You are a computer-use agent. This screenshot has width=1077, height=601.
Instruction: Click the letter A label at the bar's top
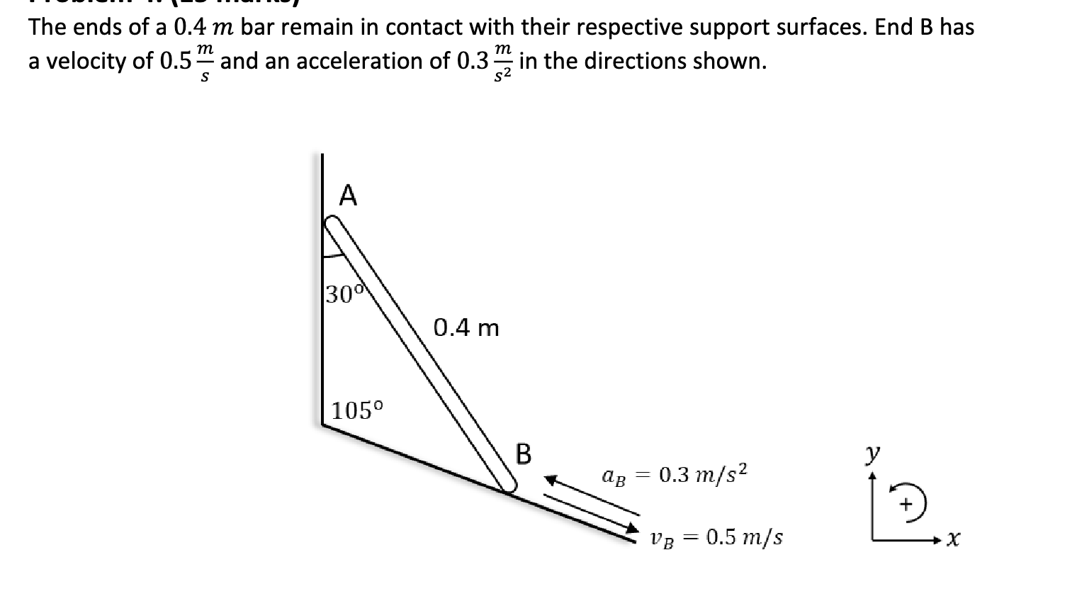tap(347, 195)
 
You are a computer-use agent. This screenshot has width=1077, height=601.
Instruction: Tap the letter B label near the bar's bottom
tap(523, 454)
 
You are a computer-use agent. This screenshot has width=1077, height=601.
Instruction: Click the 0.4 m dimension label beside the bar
tap(466, 328)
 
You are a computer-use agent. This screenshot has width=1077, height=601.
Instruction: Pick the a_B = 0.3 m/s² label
tap(674, 473)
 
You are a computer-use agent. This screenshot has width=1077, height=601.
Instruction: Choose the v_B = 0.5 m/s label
tap(716, 537)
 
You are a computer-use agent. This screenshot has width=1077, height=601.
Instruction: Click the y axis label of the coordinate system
tap(874, 451)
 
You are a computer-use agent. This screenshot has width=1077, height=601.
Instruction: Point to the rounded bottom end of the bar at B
tap(508, 484)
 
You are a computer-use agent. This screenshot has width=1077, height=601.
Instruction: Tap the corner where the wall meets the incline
tap(323, 424)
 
